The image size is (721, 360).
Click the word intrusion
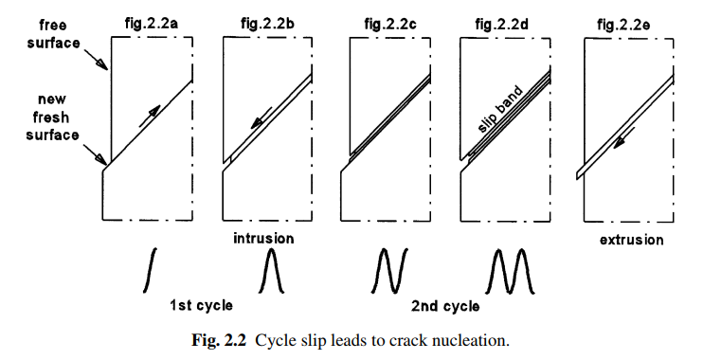pos(263,239)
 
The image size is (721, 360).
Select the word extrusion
pos(631,240)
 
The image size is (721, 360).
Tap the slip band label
pos(499,109)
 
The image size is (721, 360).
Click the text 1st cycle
pos(201,305)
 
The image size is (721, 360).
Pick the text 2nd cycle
pos(445,306)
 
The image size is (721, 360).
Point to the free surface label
pos(53,32)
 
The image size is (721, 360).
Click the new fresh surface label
pos(53,117)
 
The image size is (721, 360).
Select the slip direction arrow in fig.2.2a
pos(149,116)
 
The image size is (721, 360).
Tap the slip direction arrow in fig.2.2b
pos(261,118)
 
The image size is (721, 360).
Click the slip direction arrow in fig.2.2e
pos(625,137)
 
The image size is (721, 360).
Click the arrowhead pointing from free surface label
pos(102,64)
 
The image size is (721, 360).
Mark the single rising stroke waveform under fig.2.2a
pos(150,270)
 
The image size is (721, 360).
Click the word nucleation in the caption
pos(479,341)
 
